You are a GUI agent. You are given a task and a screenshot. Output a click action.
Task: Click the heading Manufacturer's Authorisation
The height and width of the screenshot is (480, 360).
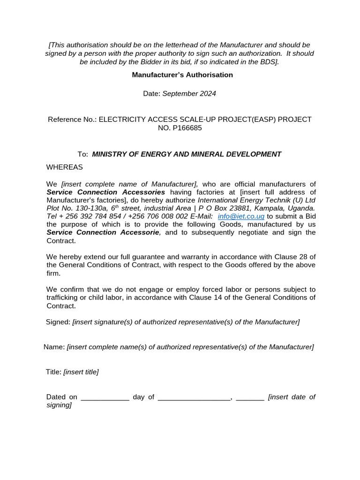pyautogui.click(x=182, y=75)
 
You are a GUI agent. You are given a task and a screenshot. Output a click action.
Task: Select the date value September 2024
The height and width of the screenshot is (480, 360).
pyautogui.click(x=189, y=94)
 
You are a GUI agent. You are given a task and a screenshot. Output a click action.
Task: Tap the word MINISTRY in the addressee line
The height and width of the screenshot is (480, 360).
pyautogui.click(x=109, y=154)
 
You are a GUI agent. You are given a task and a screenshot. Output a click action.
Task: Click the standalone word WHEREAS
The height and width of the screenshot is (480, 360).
pyautogui.click(x=64, y=167)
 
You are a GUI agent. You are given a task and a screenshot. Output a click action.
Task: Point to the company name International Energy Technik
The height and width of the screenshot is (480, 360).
pyautogui.click(x=244, y=200)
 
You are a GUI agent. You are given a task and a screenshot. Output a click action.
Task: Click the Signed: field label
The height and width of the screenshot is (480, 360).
pyautogui.click(x=58, y=322)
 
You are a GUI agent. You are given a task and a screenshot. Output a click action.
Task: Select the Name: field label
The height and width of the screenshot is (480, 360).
pyautogui.click(x=54, y=347)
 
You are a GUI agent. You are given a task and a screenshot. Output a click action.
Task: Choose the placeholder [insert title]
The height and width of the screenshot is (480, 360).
pyautogui.click(x=81, y=372)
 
